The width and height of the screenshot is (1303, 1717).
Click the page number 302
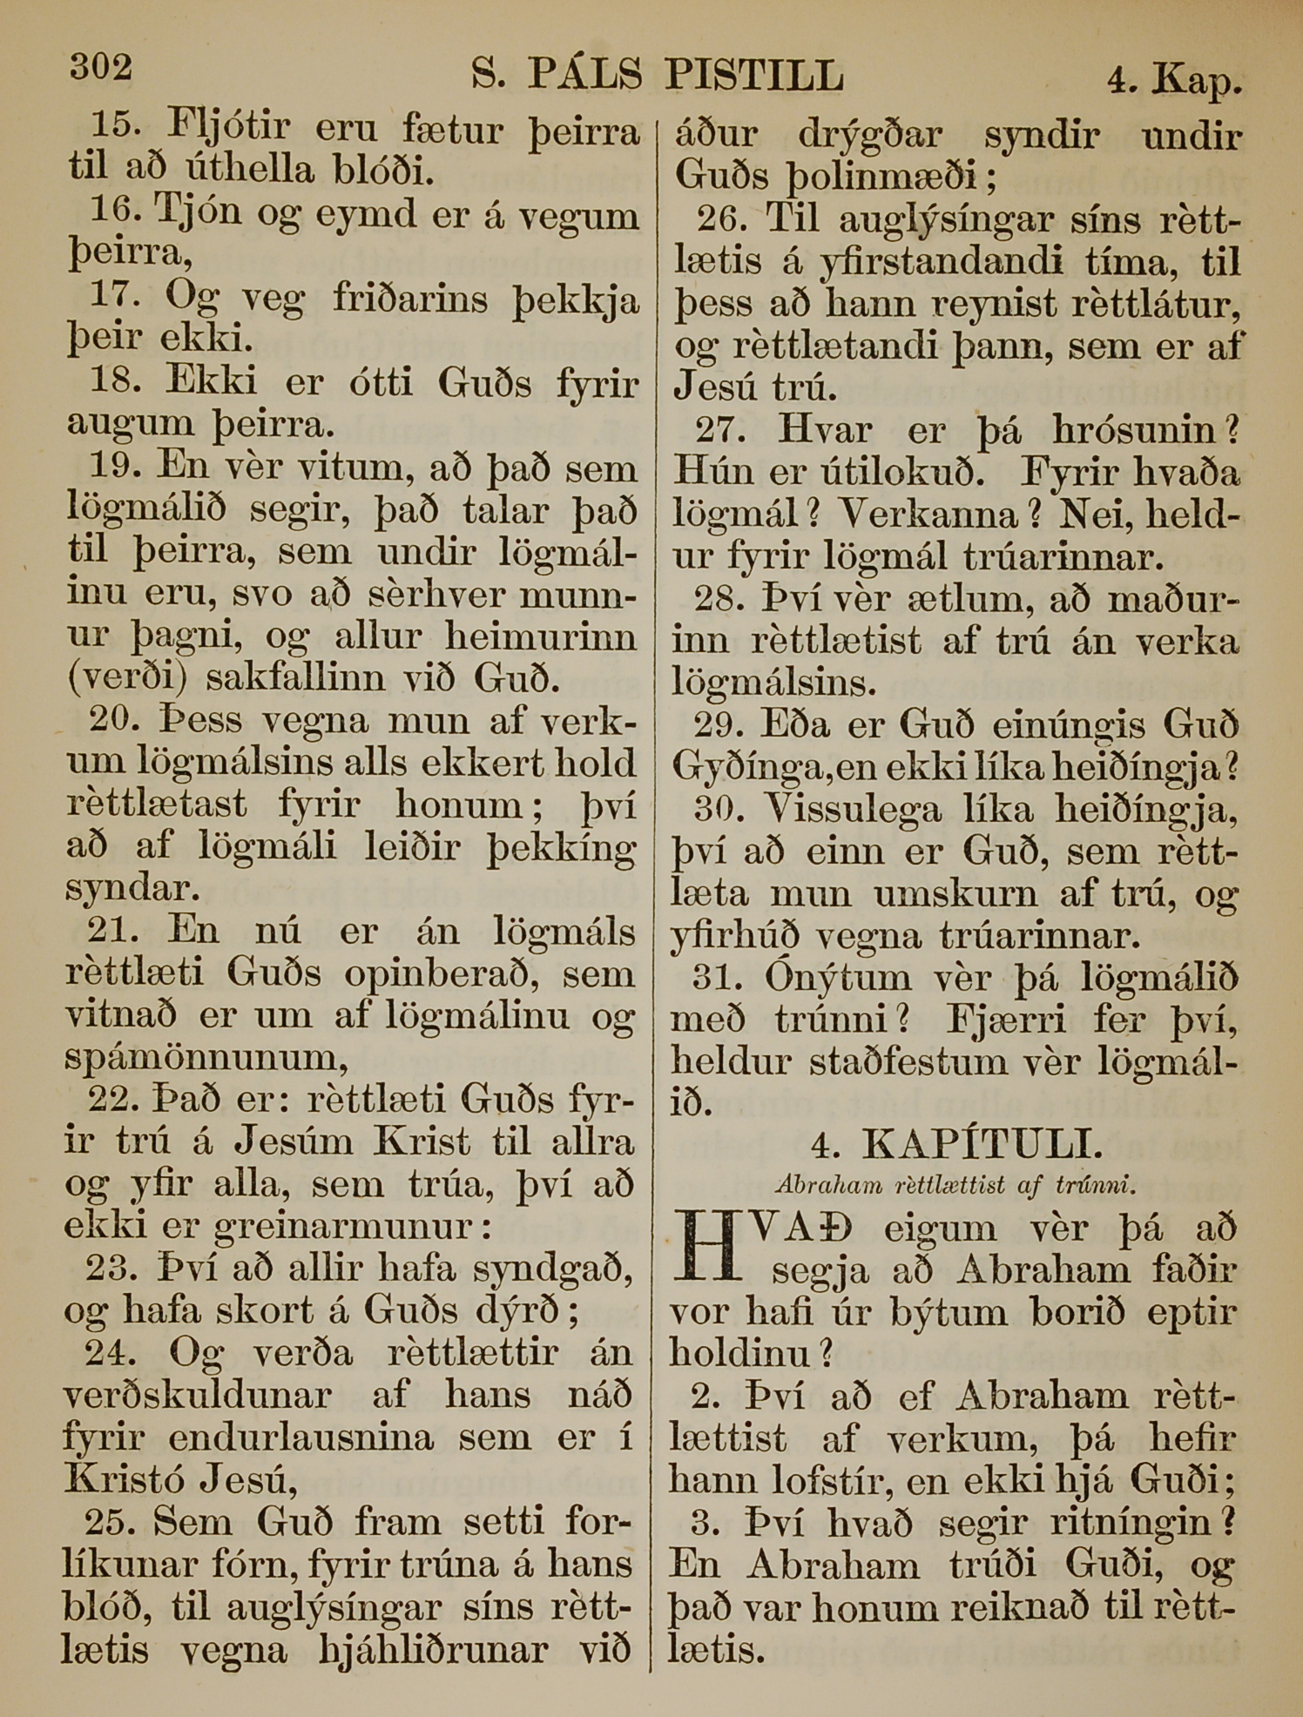pos(101,67)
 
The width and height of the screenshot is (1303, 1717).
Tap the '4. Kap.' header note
pos(1174,81)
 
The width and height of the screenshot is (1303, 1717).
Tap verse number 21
pos(112,931)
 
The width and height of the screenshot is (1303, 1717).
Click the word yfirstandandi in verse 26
pos(905,262)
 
